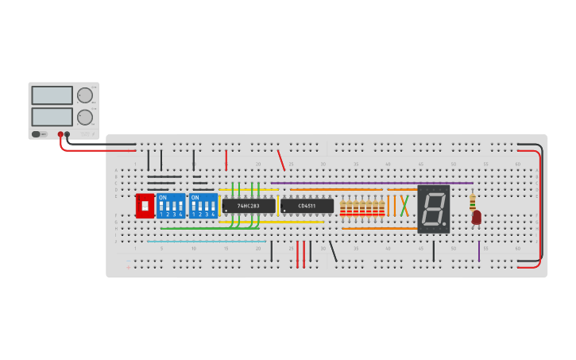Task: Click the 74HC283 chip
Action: [x=249, y=206]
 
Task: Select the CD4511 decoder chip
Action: [x=307, y=206]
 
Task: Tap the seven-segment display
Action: [x=433, y=209]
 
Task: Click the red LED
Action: [x=477, y=216]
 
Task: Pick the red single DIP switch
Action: [x=145, y=206]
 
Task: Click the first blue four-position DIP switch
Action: [x=171, y=206]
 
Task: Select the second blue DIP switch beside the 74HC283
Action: [x=203, y=206]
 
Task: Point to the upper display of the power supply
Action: [x=52, y=95]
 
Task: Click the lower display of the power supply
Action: [x=52, y=117]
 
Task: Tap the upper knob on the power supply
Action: [x=84, y=95]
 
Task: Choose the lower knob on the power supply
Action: [x=84, y=118]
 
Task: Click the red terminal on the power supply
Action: [x=60, y=134]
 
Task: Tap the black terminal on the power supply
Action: [x=68, y=134]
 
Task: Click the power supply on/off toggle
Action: [x=38, y=134]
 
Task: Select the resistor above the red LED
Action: [x=473, y=201]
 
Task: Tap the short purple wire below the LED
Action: [x=479, y=251]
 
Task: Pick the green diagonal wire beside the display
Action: [x=404, y=205]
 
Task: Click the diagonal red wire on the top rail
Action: [x=281, y=160]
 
